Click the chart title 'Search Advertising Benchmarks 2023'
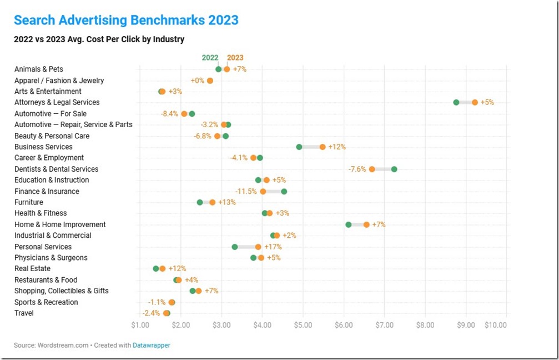126,21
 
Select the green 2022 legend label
210,58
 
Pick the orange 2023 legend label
235,58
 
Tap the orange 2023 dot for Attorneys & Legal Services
475,102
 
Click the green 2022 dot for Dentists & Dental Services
394,169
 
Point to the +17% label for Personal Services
273,247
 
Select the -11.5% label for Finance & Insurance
246,191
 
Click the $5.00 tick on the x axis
303,324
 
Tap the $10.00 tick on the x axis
495,324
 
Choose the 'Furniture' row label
29,202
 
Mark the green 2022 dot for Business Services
299,147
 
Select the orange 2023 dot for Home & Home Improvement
366,224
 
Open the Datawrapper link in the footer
151,346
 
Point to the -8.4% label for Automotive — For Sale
169,113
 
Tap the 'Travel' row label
24,313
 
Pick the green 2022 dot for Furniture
200,202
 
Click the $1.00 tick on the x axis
140,324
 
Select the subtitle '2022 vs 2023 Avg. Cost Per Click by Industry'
99,39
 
